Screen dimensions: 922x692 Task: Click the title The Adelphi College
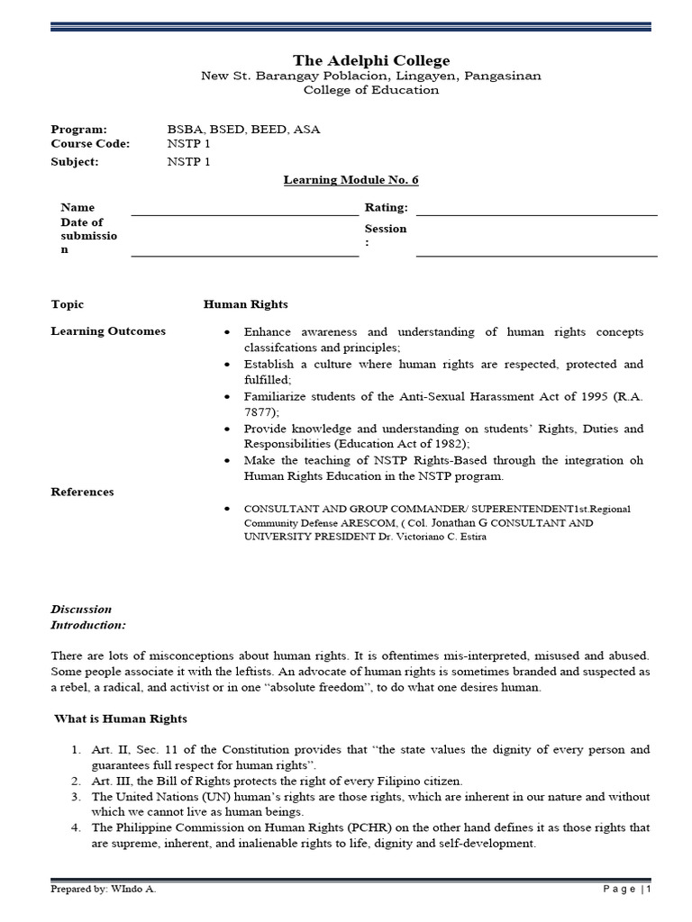(x=370, y=60)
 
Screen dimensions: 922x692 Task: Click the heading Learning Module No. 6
(x=351, y=180)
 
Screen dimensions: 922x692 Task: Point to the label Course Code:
(x=90, y=143)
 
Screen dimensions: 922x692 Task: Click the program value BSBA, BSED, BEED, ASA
(x=243, y=129)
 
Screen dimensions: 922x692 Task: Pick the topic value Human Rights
(x=246, y=304)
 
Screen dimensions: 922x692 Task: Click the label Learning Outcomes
(x=108, y=331)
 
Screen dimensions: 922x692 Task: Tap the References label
(x=82, y=492)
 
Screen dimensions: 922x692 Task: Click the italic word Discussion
(x=81, y=610)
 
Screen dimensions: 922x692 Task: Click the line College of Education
(x=370, y=91)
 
